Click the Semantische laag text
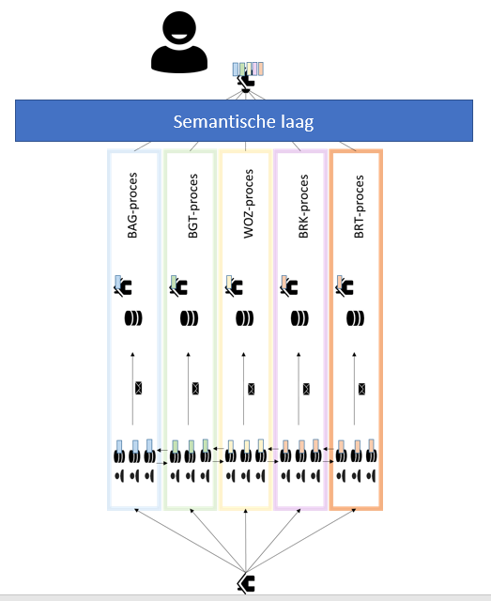[x=243, y=121]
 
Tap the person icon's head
[x=179, y=29]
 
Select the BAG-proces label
[x=132, y=206]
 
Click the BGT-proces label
[x=192, y=206]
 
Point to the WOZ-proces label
[x=249, y=204]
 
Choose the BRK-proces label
[x=303, y=207]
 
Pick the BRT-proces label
[x=359, y=207]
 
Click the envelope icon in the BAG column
[x=138, y=388]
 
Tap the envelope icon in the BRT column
[x=361, y=389]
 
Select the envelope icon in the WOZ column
[x=251, y=389]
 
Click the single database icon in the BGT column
[x=189, y=318]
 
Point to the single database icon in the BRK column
[x=299, y=318]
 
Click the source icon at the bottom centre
[x=246, y=583]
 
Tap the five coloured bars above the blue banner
[x=248, y=69]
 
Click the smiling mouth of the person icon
[x=179, y=37]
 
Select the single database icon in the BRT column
[x=355, y=318]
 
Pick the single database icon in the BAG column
[x=133, y=318]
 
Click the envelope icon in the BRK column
[x=306, y=389]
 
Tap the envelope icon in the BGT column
[x=195, y=389]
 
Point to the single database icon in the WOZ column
[x=244, y=318]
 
